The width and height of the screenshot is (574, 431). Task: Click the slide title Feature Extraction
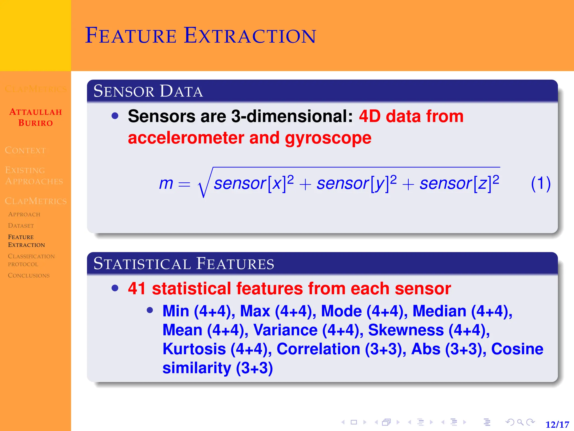click(200, 36)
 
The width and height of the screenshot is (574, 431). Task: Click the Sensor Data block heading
click(148, 91)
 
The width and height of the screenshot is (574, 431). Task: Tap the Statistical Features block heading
click(184, 263)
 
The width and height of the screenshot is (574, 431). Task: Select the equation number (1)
click(541, 184)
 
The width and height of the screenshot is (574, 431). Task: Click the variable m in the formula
click(166, 184)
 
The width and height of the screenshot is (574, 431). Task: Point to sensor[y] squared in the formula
click(357, 183)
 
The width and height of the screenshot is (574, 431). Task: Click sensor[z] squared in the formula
click(459, 183)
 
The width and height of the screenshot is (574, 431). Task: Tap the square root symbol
click(204, 185)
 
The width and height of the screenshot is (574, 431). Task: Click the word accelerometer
click(186, 138)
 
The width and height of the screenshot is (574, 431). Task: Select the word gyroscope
click(328, 138)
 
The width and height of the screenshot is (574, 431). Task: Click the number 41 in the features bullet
click(137, 288)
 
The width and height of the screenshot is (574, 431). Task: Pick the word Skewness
click(406, 330)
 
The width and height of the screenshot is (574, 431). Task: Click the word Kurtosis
click(194, 349)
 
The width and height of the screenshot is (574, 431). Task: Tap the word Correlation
click(318, 349)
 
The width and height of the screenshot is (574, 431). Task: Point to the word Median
click(439, 311)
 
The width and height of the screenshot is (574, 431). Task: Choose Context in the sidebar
click(25, 150)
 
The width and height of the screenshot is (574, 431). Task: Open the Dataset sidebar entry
click(21, 226)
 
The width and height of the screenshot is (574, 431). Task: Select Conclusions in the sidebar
click(29, 276)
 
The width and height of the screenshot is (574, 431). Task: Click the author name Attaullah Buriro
click(36, 117)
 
